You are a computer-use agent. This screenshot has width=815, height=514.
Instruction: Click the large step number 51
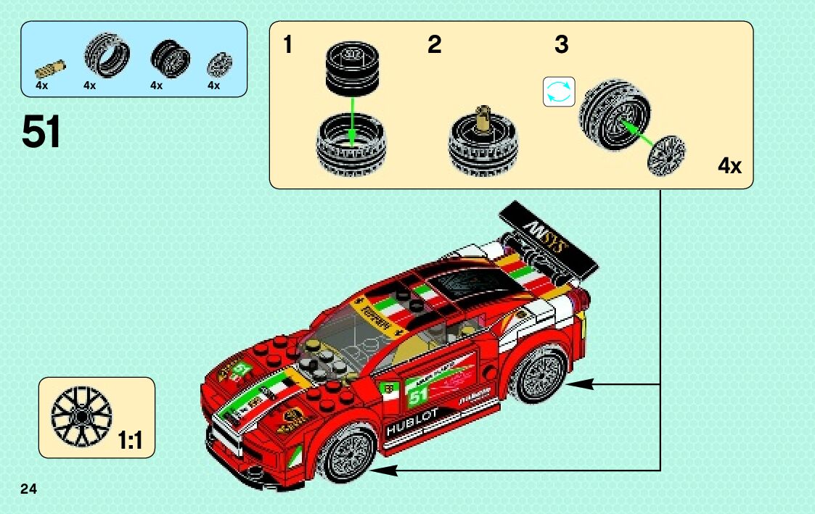(x=41, y=132)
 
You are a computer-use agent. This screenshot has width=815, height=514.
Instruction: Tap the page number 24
(x=29, y=487)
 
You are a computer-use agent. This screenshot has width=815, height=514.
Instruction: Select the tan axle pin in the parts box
(x=50, y=70)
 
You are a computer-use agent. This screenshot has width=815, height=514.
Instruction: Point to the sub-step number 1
(x=288, y=45)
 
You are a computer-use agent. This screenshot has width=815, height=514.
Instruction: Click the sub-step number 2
(x=434, y=45)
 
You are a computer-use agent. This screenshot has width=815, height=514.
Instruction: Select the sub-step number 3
(x=561, y=45)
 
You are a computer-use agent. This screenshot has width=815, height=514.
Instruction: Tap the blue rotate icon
(x=559, y=92)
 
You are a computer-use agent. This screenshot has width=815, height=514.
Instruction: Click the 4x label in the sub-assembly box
(x=729, y=166)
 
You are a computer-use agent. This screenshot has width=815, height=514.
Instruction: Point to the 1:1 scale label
(x=130, y=440)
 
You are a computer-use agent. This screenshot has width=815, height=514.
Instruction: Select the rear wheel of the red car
(x=540, y=374)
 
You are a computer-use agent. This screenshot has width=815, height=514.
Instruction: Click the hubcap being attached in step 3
(x=665, y=154)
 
